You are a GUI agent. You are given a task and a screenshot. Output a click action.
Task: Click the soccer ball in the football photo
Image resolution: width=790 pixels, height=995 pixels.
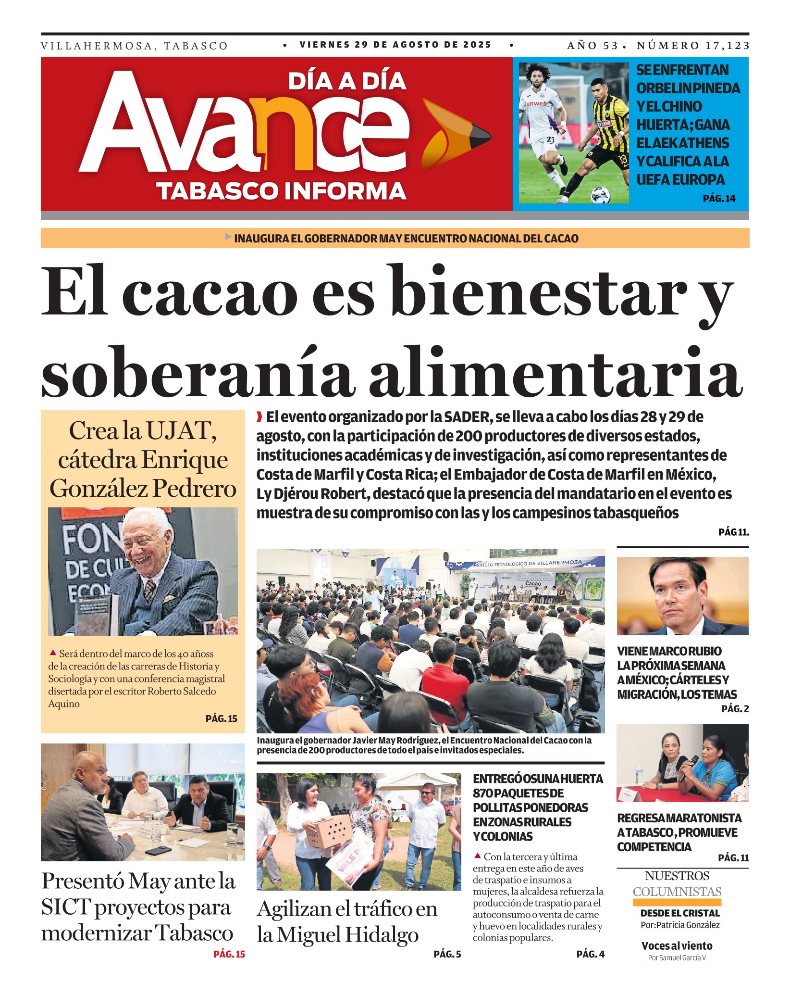tap(600, 195)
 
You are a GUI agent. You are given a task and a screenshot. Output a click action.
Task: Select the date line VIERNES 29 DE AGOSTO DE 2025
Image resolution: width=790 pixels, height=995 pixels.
tap(395, 45)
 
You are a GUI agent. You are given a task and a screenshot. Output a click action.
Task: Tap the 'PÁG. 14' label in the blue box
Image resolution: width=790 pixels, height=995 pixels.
tap(719, 198)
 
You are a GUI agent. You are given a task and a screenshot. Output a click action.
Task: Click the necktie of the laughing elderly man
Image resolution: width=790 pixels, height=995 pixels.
tap(150, 590)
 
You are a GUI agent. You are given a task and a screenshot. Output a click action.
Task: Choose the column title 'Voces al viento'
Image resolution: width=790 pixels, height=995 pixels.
tap(677, 946)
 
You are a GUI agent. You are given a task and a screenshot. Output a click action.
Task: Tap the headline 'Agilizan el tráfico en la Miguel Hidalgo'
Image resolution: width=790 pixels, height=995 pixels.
tap(347, 922)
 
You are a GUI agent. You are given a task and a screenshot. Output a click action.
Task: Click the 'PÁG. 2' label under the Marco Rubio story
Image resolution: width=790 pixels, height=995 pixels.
tap(735, 708)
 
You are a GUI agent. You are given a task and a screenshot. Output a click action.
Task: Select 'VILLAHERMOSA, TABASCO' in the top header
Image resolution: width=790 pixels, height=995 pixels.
tap(135, 46)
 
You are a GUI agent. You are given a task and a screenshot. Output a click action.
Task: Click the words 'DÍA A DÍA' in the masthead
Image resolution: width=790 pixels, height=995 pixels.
tap(347, 81)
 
